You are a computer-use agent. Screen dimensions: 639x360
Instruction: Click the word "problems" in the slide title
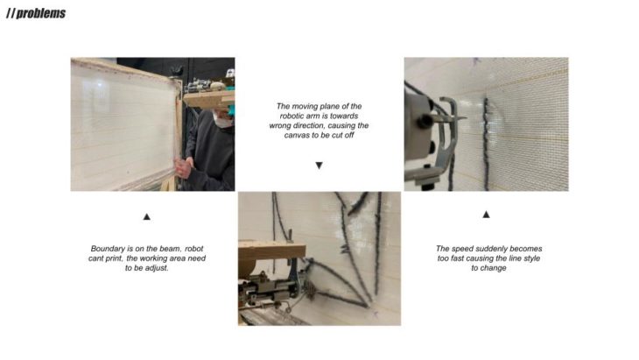pos(41,13)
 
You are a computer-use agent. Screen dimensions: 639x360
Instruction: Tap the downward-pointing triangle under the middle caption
pos(319,166)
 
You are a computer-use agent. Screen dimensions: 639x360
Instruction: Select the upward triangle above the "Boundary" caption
pos(147,216)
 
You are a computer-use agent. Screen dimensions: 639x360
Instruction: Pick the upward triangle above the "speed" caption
pos(486,214)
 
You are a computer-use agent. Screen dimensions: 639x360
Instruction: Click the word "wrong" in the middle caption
pos(280,126)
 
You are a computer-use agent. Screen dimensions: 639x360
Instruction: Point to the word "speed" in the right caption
pos(461,249)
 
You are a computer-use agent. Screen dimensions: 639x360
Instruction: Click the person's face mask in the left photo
pos(222,120)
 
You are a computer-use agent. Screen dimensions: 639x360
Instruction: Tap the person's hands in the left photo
pos(184,167)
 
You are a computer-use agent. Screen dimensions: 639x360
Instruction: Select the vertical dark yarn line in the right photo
pos(485,144)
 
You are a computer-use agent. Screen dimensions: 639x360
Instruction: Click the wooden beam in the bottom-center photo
pos(271,250)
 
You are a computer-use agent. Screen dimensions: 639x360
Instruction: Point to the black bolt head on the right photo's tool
pos(425,120)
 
